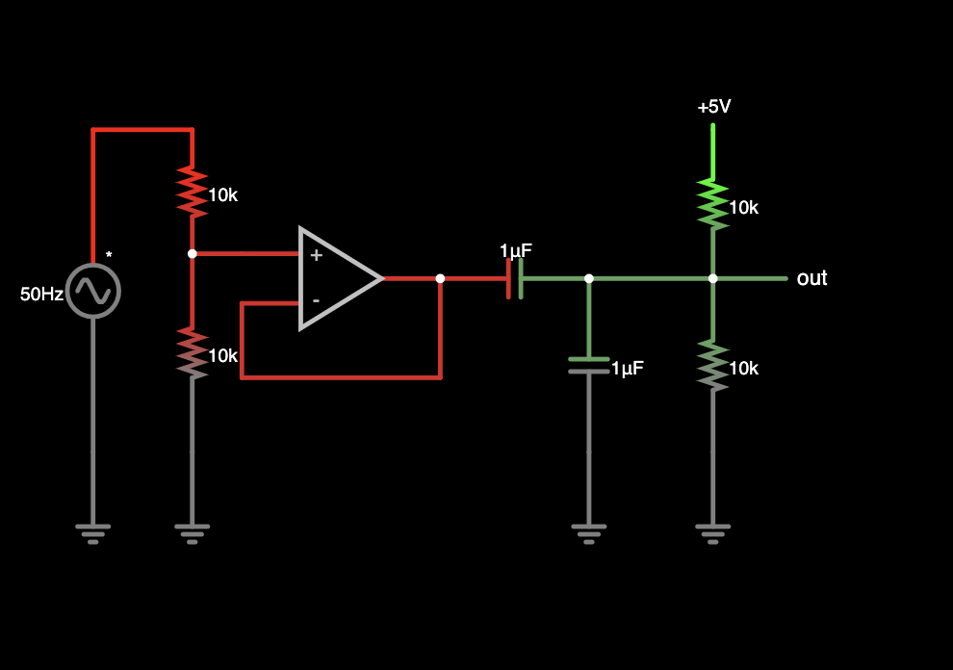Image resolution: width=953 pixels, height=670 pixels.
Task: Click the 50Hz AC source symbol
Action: [93, 290]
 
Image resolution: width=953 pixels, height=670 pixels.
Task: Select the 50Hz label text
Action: [41, 294]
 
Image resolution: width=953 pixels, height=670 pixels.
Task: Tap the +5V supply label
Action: [713, 107]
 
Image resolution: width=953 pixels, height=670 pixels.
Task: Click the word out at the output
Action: [811, 278]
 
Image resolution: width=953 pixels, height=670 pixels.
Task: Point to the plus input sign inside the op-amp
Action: [316, 255]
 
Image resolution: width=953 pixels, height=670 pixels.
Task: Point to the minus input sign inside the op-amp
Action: [316, 300]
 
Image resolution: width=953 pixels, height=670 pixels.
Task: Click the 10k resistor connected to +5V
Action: [713, 204]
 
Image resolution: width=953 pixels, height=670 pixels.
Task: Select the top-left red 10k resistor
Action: [193, 191]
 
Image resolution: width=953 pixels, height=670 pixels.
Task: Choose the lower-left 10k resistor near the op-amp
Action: [193, 351]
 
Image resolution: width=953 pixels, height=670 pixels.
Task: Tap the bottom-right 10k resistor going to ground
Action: [713, 365]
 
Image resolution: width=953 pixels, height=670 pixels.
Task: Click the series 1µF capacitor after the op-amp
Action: [515, 278]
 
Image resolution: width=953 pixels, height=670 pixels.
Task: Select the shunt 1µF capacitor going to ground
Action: [589, 365]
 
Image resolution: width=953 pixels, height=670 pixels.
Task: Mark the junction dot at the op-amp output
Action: [440, 278]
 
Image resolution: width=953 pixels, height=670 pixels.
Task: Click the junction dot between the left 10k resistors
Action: [193, 253]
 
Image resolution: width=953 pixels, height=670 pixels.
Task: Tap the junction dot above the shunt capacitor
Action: [589, 278]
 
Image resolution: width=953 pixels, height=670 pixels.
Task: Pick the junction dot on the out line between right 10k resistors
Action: [713, 278]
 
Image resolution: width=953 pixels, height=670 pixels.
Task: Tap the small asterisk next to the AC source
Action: [109, 256]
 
